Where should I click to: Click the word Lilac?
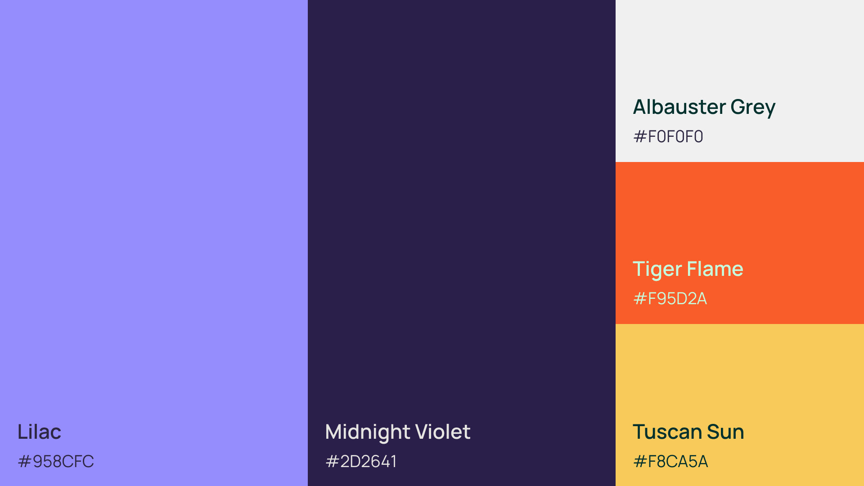[39, 432]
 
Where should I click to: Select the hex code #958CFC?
[56, 461]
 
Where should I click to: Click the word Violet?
[443, 432]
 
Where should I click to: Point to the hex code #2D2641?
[361, 461]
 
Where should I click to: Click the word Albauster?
[679, 107]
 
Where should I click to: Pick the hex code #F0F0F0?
[668, 136]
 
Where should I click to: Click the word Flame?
[715, 269]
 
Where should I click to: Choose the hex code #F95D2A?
[670, 298]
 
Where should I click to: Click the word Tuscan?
[667, 432]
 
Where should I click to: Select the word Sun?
[725, 432]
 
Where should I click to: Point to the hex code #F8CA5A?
[670, 461]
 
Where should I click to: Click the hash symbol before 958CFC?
[24, 461]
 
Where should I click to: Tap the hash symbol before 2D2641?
[332, 461]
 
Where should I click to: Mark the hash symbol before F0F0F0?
[640, 136]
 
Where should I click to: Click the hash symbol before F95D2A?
[640, 298]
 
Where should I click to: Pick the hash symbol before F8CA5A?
[640, 461]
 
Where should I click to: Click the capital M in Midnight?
[333, 432]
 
